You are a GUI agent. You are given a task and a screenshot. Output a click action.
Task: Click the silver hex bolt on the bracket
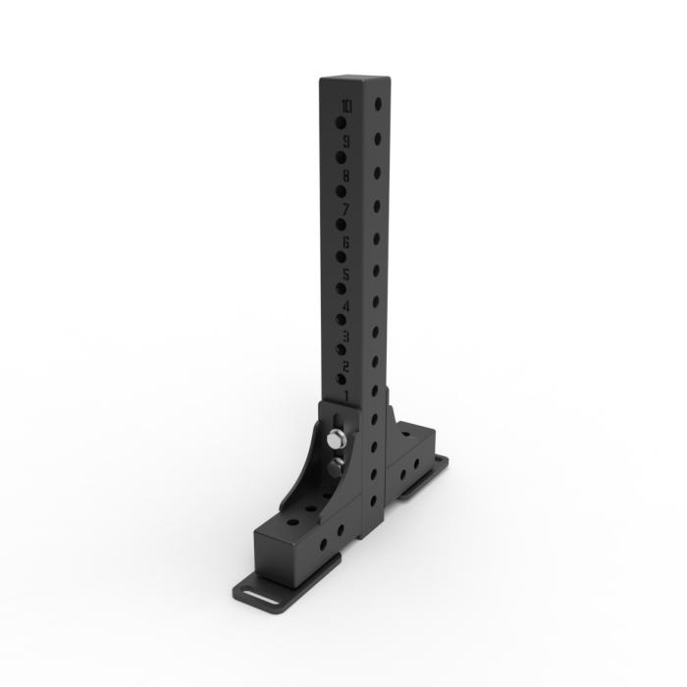coord(337,439)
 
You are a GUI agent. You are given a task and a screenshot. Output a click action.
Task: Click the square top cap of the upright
coord(354,81)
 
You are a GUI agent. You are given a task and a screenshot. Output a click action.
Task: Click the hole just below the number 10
coord(340,124)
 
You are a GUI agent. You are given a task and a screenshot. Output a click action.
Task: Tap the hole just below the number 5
coord(340,290)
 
